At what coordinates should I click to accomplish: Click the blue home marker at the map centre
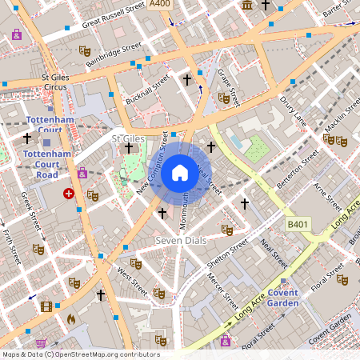pyautogui.click(x=180, y=172)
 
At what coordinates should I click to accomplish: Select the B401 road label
pyautogui.click(x=298, y=226)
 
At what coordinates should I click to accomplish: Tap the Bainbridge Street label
pyautogui.click(x=114, y=54)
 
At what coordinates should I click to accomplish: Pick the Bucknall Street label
pyautogui.click(x=148, y=90)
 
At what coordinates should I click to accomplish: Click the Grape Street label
pyautogui.click(x=229, y=84)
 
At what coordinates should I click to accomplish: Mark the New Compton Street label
pyautogui.click(x=154, y=166)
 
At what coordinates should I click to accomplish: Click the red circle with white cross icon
pyautogui.click(x=69, y=194)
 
